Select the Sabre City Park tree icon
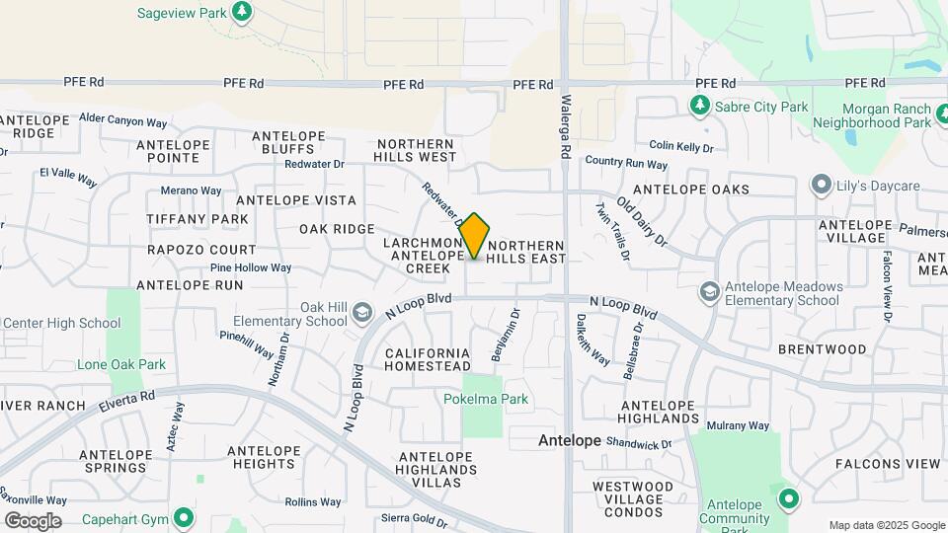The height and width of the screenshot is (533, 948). click(700, 105)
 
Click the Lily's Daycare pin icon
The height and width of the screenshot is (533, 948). click(820, 185)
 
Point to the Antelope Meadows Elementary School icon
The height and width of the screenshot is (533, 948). click(709, 291)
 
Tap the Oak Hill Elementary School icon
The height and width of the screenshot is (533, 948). click(361, 312)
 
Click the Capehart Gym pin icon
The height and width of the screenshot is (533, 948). click(184, 517)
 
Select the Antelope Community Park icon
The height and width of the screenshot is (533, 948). click(788, 497)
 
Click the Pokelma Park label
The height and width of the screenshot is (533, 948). click(485, 400)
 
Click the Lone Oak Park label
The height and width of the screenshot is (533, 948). click(121, 364)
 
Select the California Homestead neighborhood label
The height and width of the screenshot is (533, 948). click(428, 359)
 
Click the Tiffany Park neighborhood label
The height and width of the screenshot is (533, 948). click(197, 218)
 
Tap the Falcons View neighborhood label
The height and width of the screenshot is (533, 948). click(887, 464)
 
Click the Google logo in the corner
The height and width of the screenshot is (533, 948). click(33, 521)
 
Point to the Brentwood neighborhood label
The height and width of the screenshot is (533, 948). click(822, 349)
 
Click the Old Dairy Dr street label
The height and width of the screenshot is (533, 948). click(642, 222)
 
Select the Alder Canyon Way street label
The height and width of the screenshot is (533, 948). click(122, 122)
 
